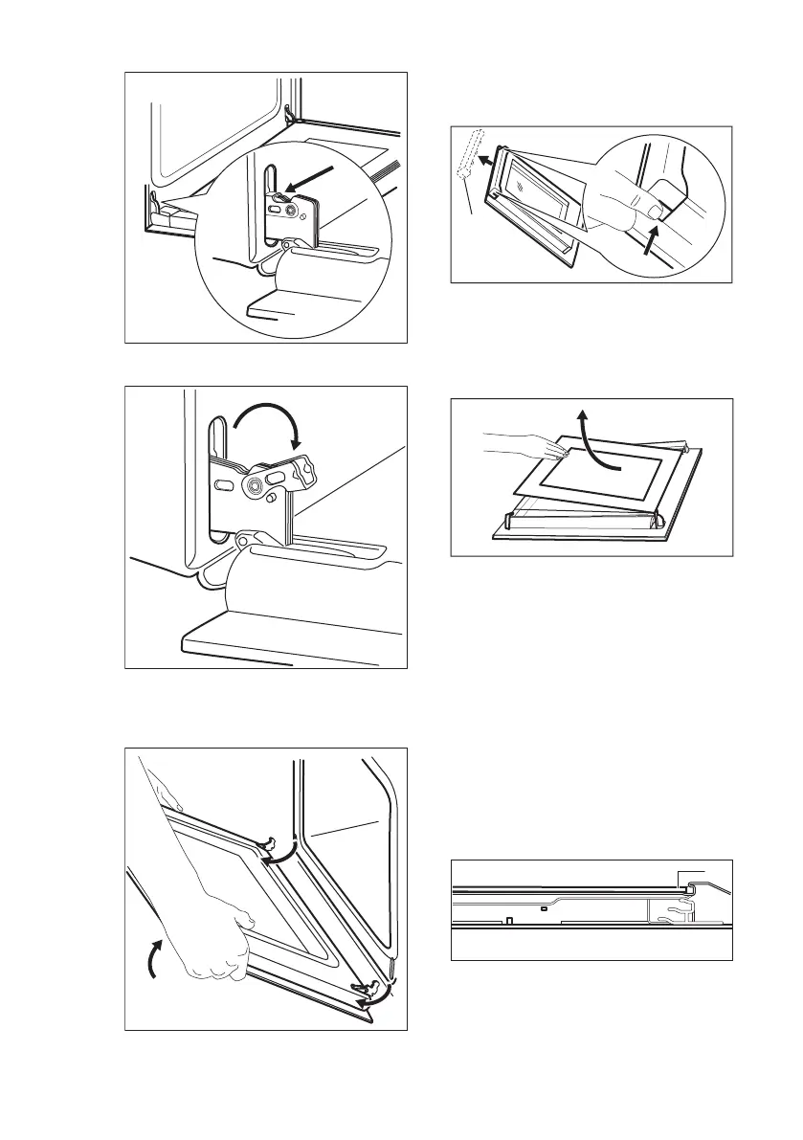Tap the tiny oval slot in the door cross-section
[x=543, y=905]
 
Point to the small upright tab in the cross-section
[x=508, y=921]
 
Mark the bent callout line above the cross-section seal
[x=691, y=872]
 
